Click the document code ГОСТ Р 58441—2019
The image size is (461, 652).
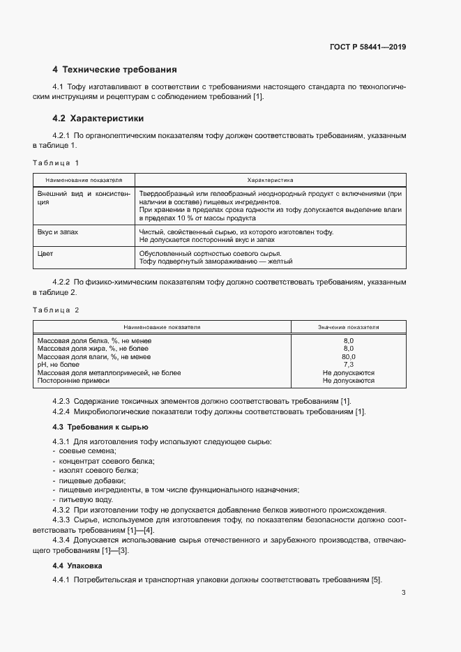pyautogui.click(x=367, y=47)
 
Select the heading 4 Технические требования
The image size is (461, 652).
pyautogui.click(x=115, y=70)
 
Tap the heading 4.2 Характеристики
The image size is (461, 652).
pyautogui.click(x=98, y=119)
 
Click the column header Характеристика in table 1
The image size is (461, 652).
pyautogui.click(x=270, y=179)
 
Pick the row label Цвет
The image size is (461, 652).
pyautogui.click(x=45, y=254)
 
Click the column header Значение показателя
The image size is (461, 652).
pyautogui.click(x=348, y=326)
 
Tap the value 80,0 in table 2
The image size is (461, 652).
pyautogui.click(x=348, y=356)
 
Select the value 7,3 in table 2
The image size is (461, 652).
pyautogui.click(x=348, y=365)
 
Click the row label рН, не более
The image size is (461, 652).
pyautogui.click(x=58, y=365)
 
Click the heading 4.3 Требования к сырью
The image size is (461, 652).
pyautogui.click(x=100, y=427)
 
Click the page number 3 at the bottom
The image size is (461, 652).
pyautogui.click(x=403, y=593)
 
